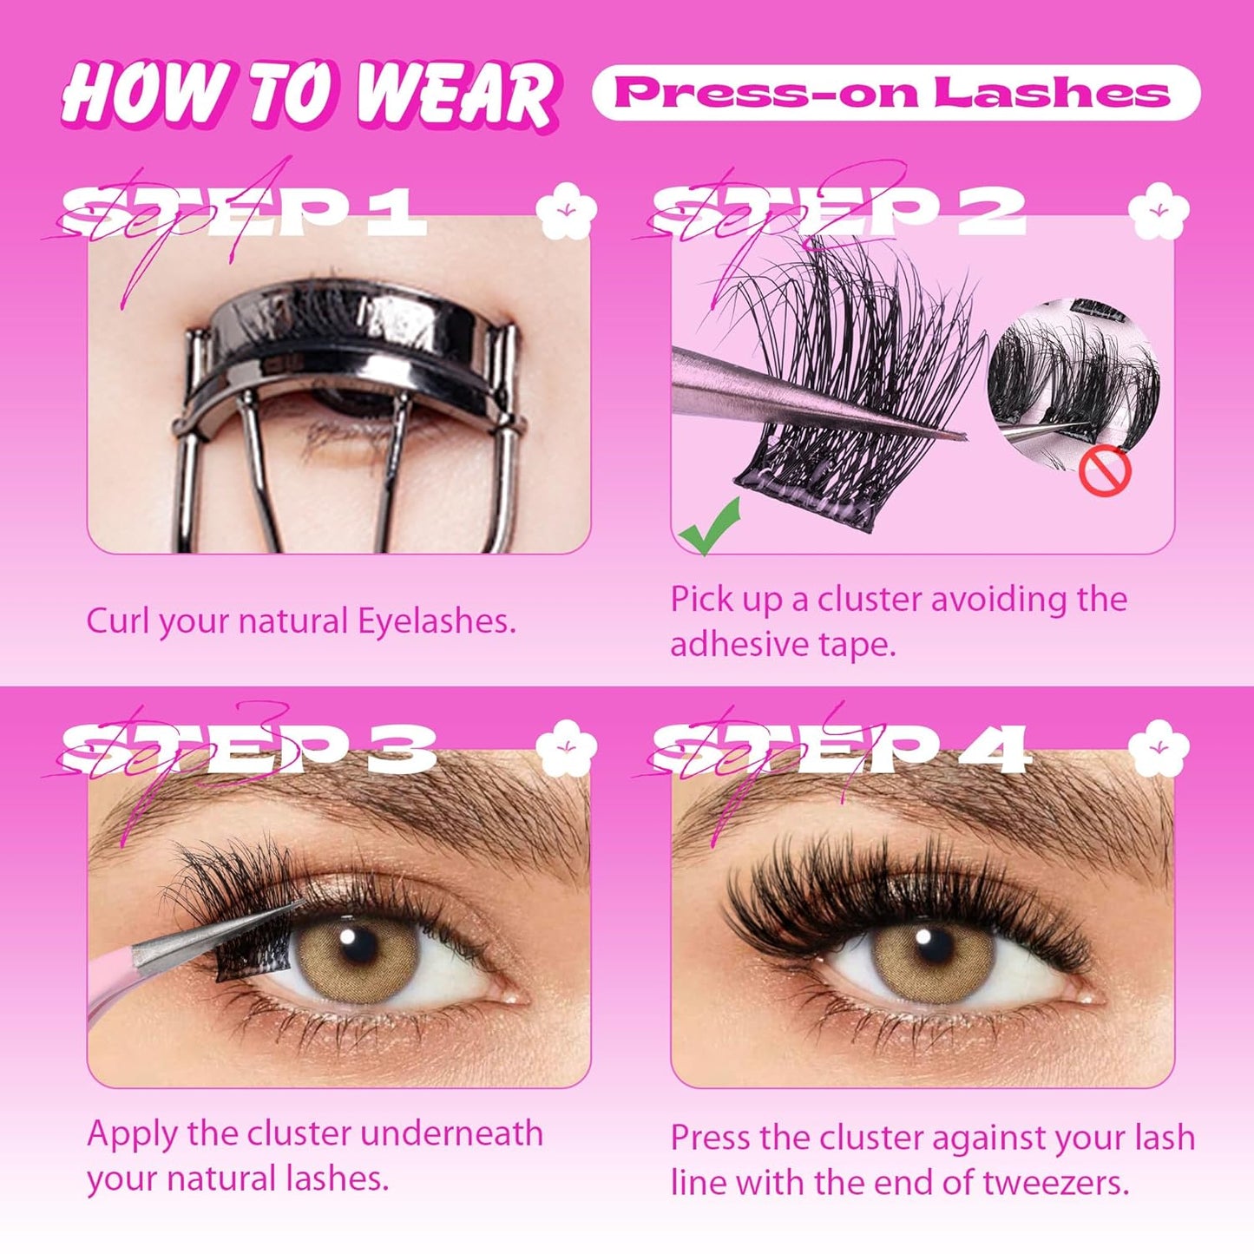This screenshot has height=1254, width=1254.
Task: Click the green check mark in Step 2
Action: click(710, 527)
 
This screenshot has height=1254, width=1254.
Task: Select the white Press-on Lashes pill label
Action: click(896, 92)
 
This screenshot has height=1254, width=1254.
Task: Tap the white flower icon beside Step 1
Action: click(566, 211)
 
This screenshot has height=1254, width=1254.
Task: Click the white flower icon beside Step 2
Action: click(1158, 211)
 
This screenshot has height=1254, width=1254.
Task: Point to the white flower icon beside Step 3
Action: click(566, 747)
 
